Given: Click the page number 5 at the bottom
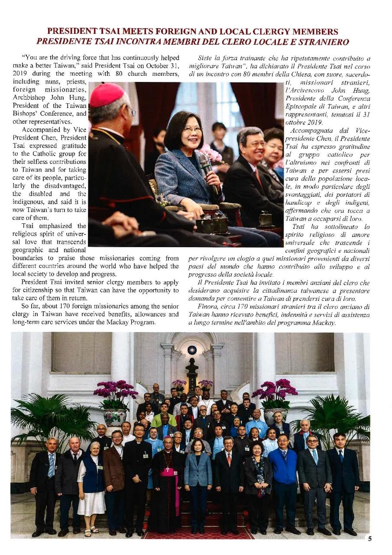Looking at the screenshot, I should point(369,539).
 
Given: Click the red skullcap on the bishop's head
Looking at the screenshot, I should point(107,94).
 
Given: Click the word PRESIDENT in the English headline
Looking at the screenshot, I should point(70,32).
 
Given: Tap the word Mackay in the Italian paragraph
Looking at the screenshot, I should point(325,323).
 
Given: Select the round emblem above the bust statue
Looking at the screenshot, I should point(192,350).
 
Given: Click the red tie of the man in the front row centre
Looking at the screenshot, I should point(229,459).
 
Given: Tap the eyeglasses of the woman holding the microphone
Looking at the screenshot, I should point(192,129).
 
